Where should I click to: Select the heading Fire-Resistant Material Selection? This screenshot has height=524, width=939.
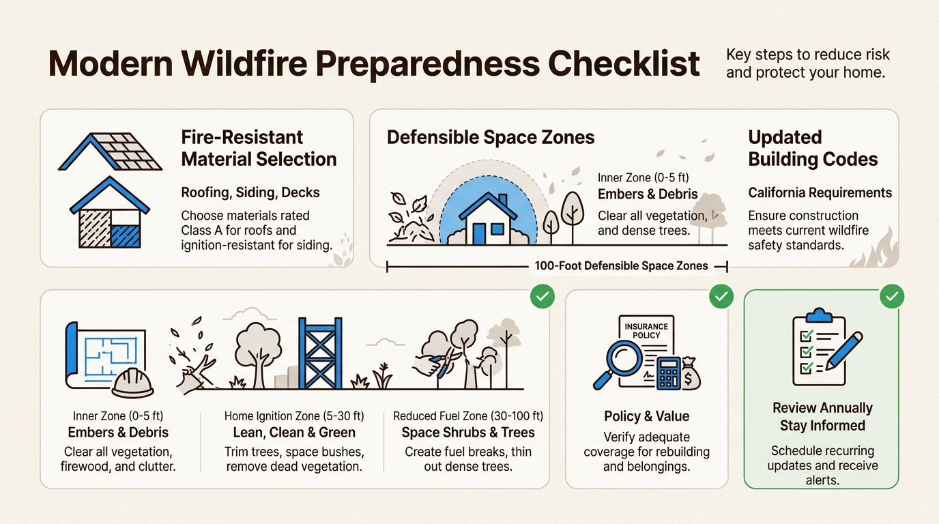pos(259,148)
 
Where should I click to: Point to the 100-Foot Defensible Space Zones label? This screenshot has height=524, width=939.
pos(621,265)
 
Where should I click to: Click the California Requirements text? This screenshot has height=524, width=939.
pos(820,192)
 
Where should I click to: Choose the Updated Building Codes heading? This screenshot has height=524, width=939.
pos(813,148)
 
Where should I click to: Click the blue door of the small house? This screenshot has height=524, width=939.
pos(479,233)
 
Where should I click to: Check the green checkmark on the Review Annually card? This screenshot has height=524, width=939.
pos(891,296)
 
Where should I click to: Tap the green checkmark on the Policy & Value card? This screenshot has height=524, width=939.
pos(721,296)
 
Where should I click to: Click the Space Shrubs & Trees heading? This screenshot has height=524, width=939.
pos(467,432)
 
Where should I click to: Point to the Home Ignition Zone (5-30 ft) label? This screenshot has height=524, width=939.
pos(294,416)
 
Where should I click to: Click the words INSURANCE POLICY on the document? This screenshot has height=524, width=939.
pos(646,331)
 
